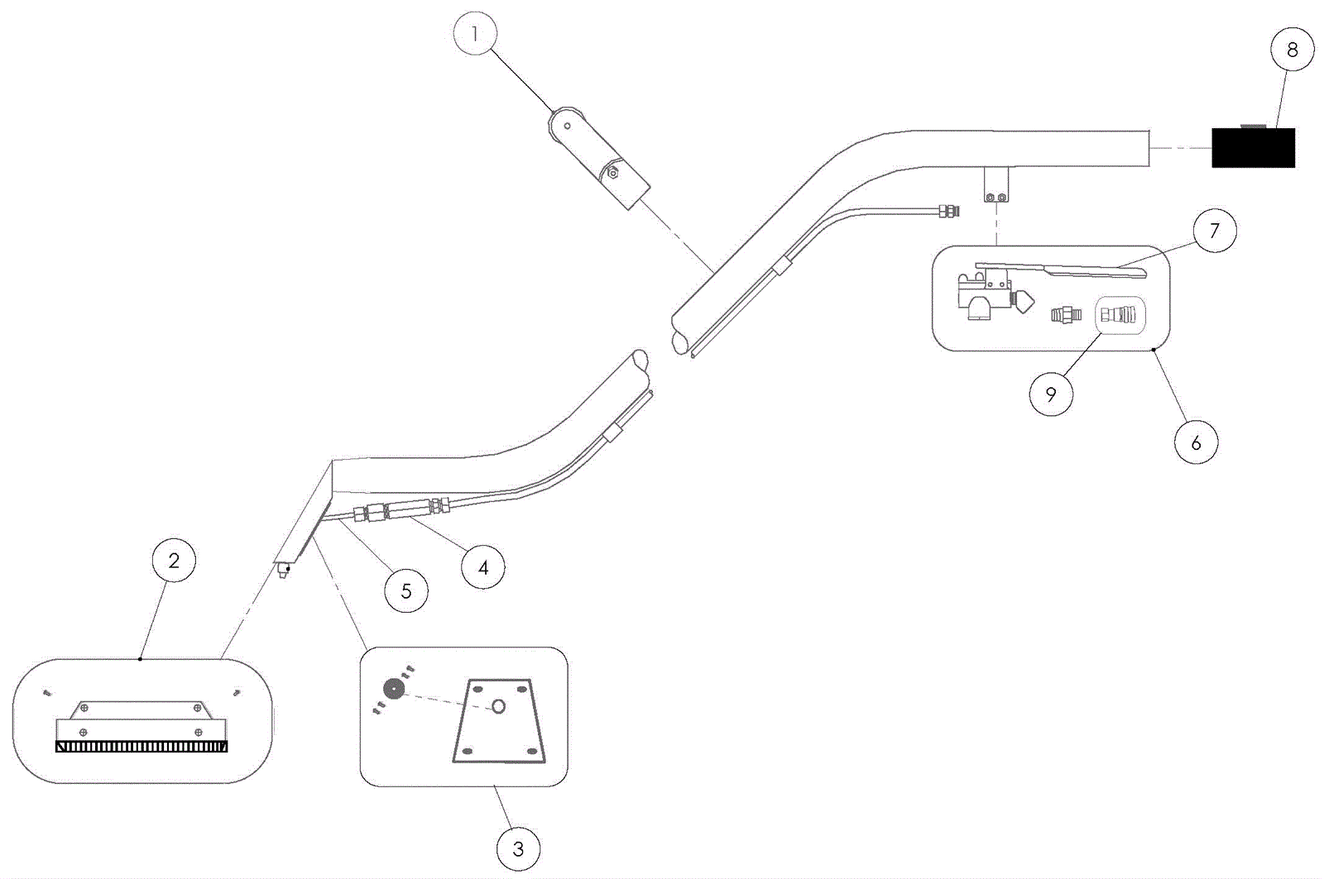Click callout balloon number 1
coord(475,34)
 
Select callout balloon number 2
coord(174,561)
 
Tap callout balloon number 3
coord(518,849)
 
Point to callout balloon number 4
coord(483,567)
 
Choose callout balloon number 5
coord(406,590)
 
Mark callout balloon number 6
coord(1196,442)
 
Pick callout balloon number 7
coord(1214,231)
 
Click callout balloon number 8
coord(1293,50)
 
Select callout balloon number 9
coord(1051,394)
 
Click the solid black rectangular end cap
coord(1253,148)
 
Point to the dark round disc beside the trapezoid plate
coord(395,689)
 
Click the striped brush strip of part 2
coord(142,747)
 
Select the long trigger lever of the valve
coord(1076,270)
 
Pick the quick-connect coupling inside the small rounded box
coord(1120,315)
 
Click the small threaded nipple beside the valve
coord(1067,315)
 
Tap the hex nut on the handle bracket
coord(612,173)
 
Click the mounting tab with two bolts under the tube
coord(996,186)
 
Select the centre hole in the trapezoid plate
coord(499,706)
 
